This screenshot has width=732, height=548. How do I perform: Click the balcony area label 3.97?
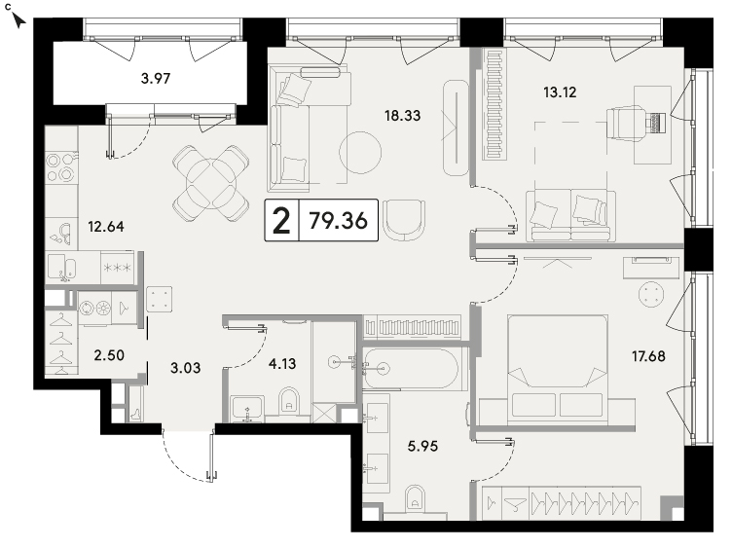point(156,78)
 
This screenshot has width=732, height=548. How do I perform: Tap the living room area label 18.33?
point(402,115)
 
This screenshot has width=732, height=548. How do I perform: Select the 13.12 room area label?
point(560,91)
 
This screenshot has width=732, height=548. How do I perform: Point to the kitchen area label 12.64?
point(106,227)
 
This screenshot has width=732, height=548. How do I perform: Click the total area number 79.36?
point(339,220)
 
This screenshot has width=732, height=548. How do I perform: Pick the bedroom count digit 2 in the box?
point(281,221)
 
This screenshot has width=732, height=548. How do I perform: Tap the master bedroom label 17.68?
point(648,356)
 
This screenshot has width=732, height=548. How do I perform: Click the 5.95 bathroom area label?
point(423,446)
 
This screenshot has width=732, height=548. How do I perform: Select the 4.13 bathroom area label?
point(282,363)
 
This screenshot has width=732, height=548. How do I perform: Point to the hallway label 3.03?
point(185,368)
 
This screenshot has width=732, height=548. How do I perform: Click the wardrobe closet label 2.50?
point(109,355)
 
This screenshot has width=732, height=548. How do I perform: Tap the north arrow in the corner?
point(18,20)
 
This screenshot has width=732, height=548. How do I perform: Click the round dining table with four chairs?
point(210,183)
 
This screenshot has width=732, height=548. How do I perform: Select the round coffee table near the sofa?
point(360,153)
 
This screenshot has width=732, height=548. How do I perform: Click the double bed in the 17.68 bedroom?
point(558,369)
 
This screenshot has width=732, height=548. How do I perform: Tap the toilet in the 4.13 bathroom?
point(289,401)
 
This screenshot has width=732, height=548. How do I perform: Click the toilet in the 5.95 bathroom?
point(415,499)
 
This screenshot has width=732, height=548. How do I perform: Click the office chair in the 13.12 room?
point(626,123)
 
